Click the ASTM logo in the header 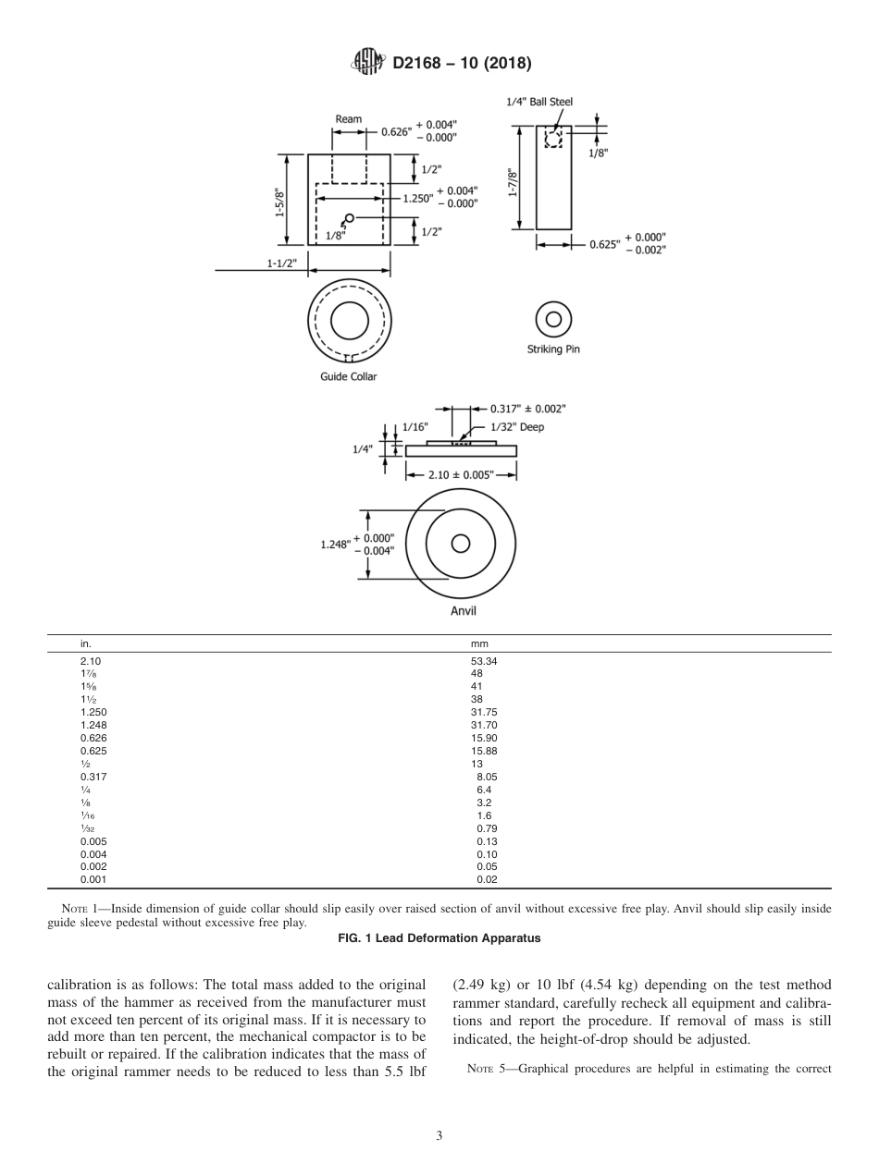(x=367, y=63)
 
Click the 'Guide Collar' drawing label (x=349, y=377)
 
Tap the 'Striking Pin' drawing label (x=553, y=349)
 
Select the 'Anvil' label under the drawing (x=464, y=611)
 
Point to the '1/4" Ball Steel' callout (x=539, y=102)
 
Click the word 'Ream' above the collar (x=348, y=119)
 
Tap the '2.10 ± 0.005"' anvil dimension (x=461, y=474)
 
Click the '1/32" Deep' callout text (x=517, y=426)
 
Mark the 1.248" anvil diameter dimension (x=335, y=545)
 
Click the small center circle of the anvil (x=460, y=544)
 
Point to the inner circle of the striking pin (x=553, y=320)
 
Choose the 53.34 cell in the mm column (x=485, y=661)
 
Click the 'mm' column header (x=479, y=643)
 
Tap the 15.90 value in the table (x=485, y=739)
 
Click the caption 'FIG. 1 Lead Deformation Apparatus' (x=439, y=937)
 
